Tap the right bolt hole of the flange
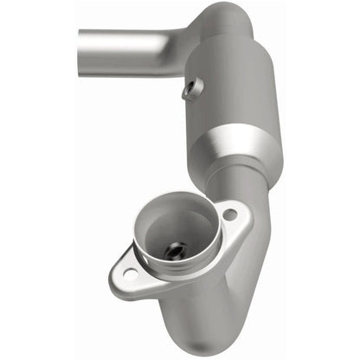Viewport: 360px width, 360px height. tap(229, 213)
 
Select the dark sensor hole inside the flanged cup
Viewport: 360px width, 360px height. tap(175, 250)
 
